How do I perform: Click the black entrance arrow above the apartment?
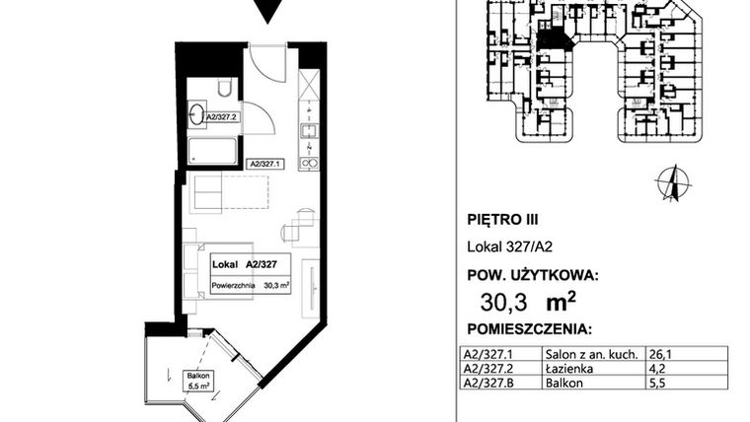pyautogui.click(x=263, y=11)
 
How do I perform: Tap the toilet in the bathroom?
pyautogui.click(x=225, y=90)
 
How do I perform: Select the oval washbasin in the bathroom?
pyautogui.click(x=196, y=113)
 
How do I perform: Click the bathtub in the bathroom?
pyautogui.click(x=213, y=151)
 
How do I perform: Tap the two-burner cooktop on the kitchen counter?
pyautogui.click(x=309, y=162)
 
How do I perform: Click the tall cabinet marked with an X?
pyautogui.click(x=309, y=86)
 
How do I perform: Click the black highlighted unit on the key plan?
pyautogui.click(x=554, y=40)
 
